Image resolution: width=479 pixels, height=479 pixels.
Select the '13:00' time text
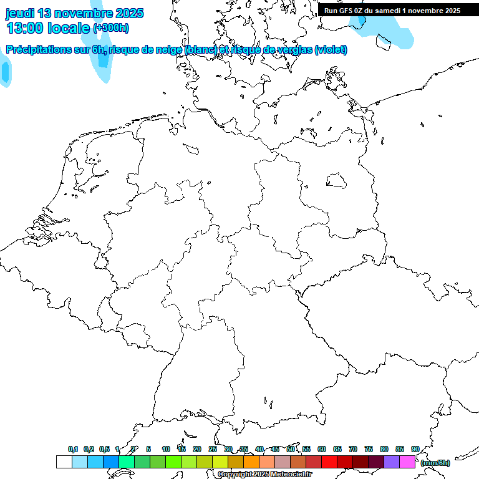[x=25, y=27]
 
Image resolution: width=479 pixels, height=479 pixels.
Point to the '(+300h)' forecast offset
[x=111, y=28]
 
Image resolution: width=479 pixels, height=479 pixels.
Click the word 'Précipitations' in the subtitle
[x=41, y=50]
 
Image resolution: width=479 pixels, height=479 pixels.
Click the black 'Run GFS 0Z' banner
[x=392, y=10]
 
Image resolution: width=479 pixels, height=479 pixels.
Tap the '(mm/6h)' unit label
[x=435, y=462]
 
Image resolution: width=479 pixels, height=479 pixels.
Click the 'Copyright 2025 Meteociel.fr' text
[x=264, y=474]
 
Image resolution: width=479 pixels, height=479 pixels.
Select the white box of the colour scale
[x=64, y=462]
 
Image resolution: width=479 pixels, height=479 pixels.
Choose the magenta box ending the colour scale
[x=407, y=462]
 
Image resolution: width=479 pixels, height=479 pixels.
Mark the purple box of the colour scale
[x=392, y=462]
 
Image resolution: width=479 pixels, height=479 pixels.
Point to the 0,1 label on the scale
[x=73, y=449]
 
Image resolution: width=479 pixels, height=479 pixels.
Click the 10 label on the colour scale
[x=166, y=449]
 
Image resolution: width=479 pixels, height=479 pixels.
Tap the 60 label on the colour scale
[x=322, y=449]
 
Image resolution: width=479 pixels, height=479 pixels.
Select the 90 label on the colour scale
[x=415, y=449]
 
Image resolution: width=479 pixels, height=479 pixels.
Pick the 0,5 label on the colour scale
[x=104, y=449]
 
